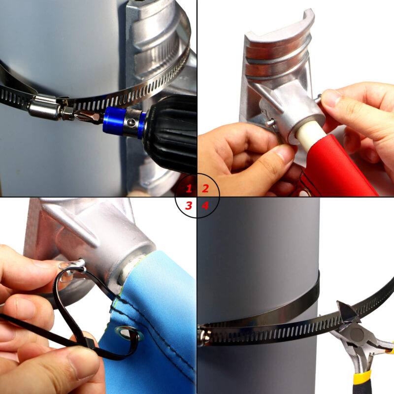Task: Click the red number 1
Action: point(189,188)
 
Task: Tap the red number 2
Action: point(205,188)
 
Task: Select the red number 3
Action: point(189,205)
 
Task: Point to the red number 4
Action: point(205,206)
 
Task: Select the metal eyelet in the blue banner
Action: point(129,333)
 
